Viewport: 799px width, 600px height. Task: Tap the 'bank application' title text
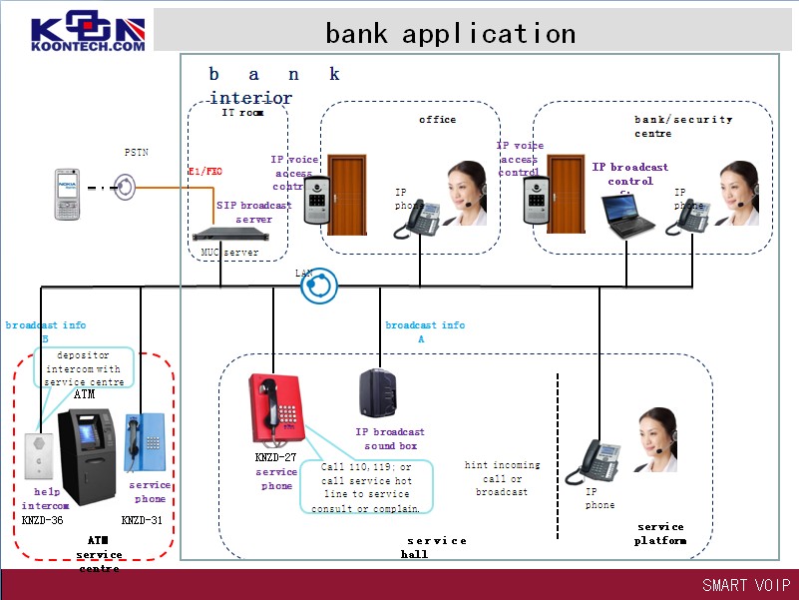tap(450, 33)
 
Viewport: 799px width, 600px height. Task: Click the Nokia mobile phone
tap(68, 195)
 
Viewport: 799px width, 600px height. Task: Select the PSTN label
tap(137, 153)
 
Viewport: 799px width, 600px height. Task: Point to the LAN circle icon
tap(319, 286)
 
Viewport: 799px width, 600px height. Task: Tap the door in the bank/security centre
tap(566, 193)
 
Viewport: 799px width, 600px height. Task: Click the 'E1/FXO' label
tap(205, 172)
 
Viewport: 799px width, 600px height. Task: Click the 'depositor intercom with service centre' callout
tap(84, 368)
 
